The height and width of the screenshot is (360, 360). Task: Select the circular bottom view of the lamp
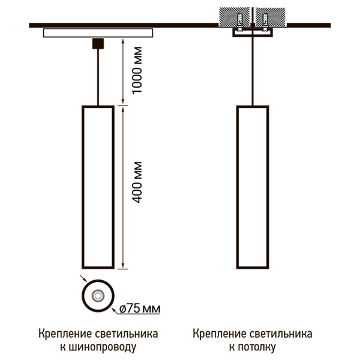[97, 296]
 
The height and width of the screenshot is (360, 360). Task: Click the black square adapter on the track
[97, 43]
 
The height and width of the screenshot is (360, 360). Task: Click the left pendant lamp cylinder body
[97, 186]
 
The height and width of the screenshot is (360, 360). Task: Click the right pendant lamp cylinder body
[252, 186]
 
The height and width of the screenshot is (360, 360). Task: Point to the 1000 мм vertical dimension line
[123, 71]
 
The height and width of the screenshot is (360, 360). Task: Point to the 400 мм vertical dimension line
[123, 186]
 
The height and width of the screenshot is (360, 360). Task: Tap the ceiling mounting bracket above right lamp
[252, 33]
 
